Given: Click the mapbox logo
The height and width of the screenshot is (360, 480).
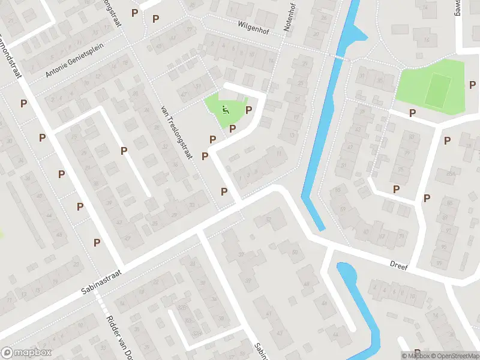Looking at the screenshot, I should click(26, 353).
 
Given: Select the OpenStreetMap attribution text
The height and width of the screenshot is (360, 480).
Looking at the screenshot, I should click(454, 355).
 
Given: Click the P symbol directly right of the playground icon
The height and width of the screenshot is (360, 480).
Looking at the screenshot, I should click(248, 110).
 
